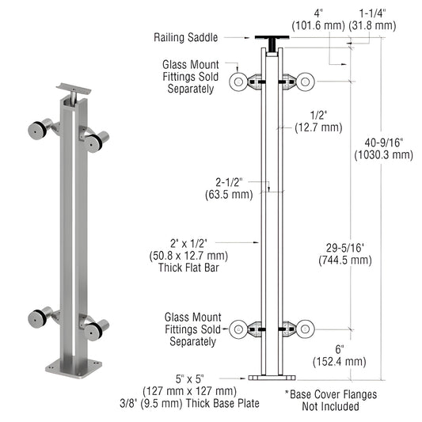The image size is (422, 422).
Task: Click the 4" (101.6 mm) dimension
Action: point(318,19)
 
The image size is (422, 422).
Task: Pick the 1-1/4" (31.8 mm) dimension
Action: point(377,19)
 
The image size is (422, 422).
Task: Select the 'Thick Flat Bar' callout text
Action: point(188,256)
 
